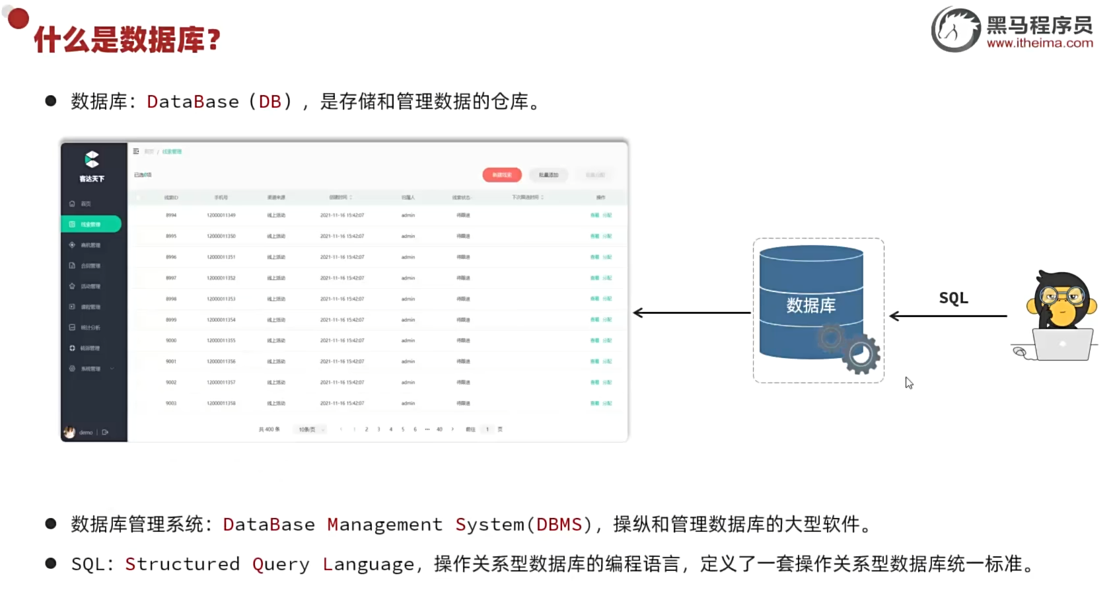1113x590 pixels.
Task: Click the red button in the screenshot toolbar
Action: pyautogui.click(x=502, y=175)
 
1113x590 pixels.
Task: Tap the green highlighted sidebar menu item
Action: pyautogui.click(x=91, y=225)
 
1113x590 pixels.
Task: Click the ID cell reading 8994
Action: pyautogui.click(x=171, y=215)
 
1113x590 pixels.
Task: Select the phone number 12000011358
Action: pyautogui.click(x=221, y=403)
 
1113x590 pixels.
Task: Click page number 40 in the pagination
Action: pyautogui.click(x=439, y=429)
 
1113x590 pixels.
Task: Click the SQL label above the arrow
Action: pyautogui.click(x=953, y=298)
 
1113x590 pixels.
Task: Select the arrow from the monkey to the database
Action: pyautogui.click(x=948, y=316)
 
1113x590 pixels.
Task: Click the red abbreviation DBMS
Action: pyautogui.click(x=559, y=525)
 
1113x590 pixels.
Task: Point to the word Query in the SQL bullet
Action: pyautogui.click(x=280, y=564)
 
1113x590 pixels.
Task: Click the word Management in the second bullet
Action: pyautogui.click(x=384, y=525)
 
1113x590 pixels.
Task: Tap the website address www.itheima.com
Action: pyautogui.click(x=1040, y=44)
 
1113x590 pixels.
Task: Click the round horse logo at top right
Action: pyautogui.click(x=956, y=30)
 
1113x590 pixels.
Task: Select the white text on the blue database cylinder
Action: pyautogui.click(x=810, y=305)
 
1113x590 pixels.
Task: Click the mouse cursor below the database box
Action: pyautogui.click(x=909, y=383)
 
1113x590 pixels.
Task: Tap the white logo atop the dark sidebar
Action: pyautogui.click(x=92, y=159)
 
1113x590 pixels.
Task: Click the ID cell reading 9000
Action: pyautogui.click(x=171, y=341)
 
